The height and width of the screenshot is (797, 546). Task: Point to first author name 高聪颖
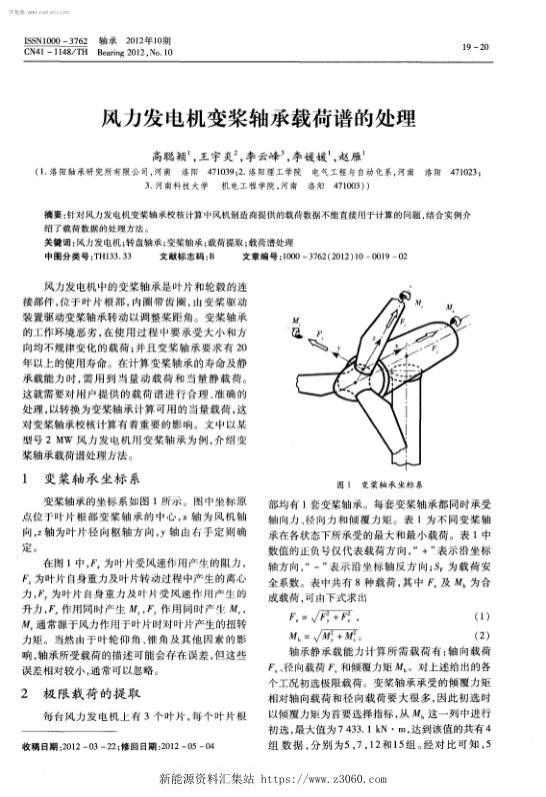tap(171, 158)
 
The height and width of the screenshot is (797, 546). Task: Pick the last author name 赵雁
tap(352, 158)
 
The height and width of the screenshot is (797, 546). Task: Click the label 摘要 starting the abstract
tap(57, 215)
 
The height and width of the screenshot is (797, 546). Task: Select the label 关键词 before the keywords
tap(60, 243)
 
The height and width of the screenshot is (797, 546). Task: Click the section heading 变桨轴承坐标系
tap(96, 479)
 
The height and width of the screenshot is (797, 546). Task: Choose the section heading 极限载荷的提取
tap(96, 691)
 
